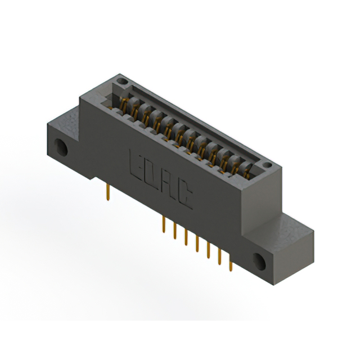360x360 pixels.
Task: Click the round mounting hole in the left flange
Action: coord(61,147)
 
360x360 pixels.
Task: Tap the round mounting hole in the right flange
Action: coord(259,262)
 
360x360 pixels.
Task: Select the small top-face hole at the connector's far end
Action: coord(121,81)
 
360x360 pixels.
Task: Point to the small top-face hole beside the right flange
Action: coord(267,165)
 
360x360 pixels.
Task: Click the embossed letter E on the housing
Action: coord(136,165)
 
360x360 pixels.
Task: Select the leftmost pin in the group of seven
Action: coord(164,224)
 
